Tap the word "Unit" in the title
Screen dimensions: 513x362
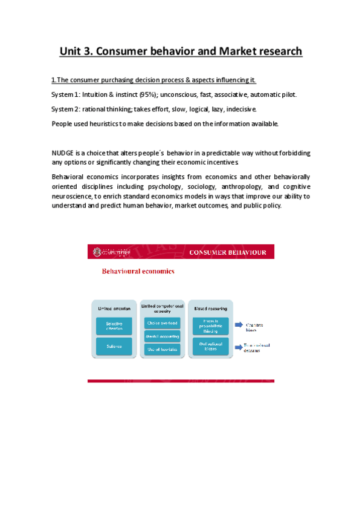pos(73,51)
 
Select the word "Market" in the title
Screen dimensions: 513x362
pos(221,51)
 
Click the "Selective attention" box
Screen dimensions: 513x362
pos(114,326)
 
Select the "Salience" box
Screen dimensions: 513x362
pos(114,346)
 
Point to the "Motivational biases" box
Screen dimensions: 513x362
pos(207,347)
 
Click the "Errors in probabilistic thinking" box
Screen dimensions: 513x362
pos(207,326)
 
